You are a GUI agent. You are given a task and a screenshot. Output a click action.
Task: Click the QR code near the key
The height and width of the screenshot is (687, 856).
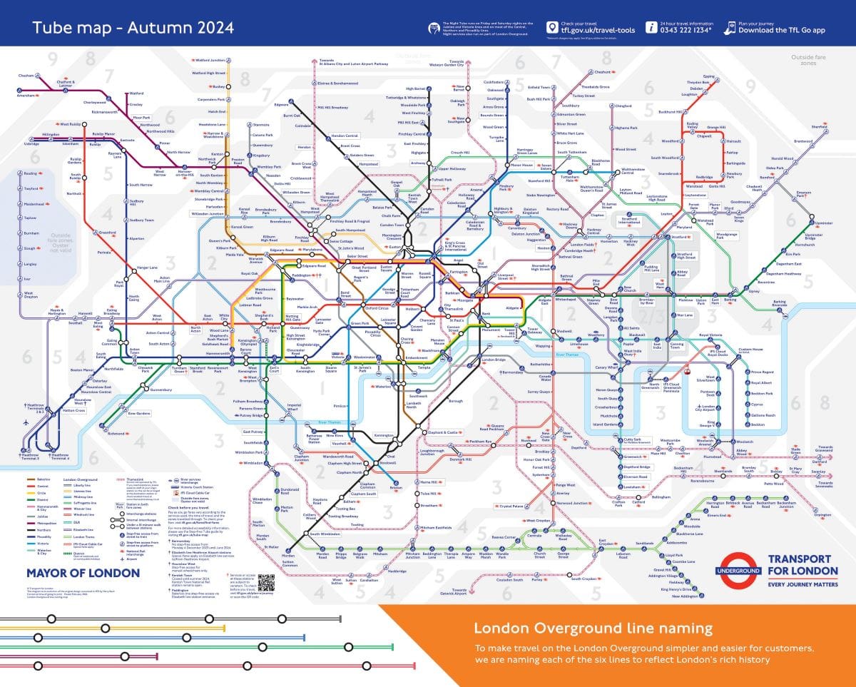266,581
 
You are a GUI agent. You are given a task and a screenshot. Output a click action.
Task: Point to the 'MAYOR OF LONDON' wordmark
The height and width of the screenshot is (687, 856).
83,573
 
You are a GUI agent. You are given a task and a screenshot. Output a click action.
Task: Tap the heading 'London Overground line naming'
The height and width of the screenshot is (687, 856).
593,629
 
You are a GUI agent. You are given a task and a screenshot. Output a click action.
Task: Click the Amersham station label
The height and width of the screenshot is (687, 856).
26,95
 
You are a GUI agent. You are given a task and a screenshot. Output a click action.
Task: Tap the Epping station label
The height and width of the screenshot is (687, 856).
708,76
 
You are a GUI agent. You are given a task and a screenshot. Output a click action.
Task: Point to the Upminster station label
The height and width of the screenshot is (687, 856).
823,223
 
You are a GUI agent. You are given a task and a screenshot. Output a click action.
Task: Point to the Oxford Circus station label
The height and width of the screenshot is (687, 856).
376,308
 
